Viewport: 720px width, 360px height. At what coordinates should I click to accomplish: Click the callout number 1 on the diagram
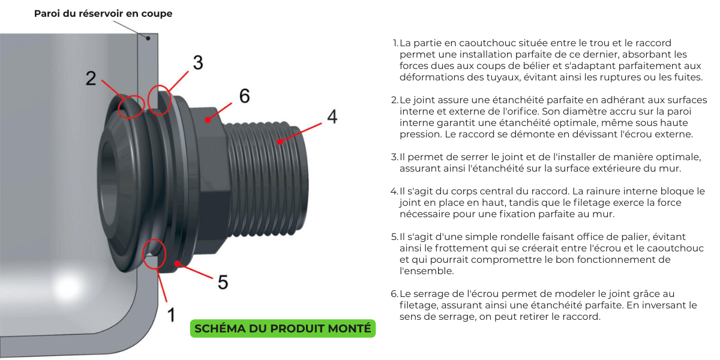click(x=172, y=314)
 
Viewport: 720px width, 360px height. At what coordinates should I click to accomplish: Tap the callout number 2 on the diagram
click(x=91, y=78)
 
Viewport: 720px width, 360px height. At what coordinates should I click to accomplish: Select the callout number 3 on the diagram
click(x=198, y=62)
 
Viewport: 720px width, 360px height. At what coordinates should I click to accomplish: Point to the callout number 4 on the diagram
click(x=332, y=116)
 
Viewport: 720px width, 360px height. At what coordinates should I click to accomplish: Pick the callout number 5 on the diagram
click(x=223, y=282)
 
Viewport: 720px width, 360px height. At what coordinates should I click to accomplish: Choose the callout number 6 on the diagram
click(x=244, y=96)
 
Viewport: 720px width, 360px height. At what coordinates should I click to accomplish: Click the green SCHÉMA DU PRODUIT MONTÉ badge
click(x=283, y=329)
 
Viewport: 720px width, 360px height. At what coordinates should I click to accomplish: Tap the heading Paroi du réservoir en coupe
click(x=103, y=13)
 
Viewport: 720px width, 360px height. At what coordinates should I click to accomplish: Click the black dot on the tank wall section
click(x=148, y=38)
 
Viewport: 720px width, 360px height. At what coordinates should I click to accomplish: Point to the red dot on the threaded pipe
click(x=280, y=142)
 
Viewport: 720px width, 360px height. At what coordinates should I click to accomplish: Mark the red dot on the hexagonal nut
click(x=208, y=120)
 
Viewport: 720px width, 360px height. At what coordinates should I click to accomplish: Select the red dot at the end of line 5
click(x=177, y=264)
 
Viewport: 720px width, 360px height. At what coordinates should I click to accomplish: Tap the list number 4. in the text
click(x=394, y=191)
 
